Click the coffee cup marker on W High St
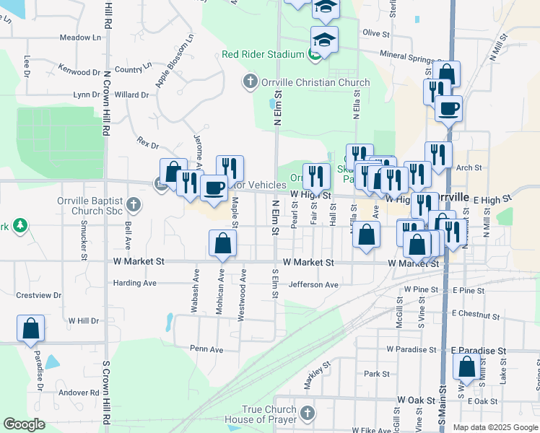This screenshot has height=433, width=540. point(214,189)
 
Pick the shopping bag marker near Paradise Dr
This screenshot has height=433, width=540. point(31,328)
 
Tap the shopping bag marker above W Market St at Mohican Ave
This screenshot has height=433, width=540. point(223,244)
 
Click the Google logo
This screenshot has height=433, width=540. point(25,424)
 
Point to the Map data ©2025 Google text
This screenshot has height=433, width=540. point(495,427)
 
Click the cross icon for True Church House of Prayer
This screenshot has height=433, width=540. point(308,414)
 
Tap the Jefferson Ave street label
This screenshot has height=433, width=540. point(313,285)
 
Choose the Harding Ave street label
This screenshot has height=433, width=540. point(134,283)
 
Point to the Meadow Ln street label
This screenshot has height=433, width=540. point(79,38)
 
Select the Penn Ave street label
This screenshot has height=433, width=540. point(206,349)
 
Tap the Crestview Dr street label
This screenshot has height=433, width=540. point(39,295)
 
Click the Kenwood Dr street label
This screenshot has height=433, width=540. point(81,72)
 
